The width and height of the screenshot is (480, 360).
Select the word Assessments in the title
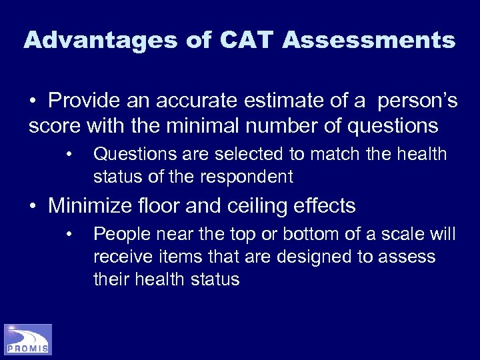[369, 40]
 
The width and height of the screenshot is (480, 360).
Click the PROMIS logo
[28, 339]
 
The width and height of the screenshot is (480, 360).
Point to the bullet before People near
[69, 235]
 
